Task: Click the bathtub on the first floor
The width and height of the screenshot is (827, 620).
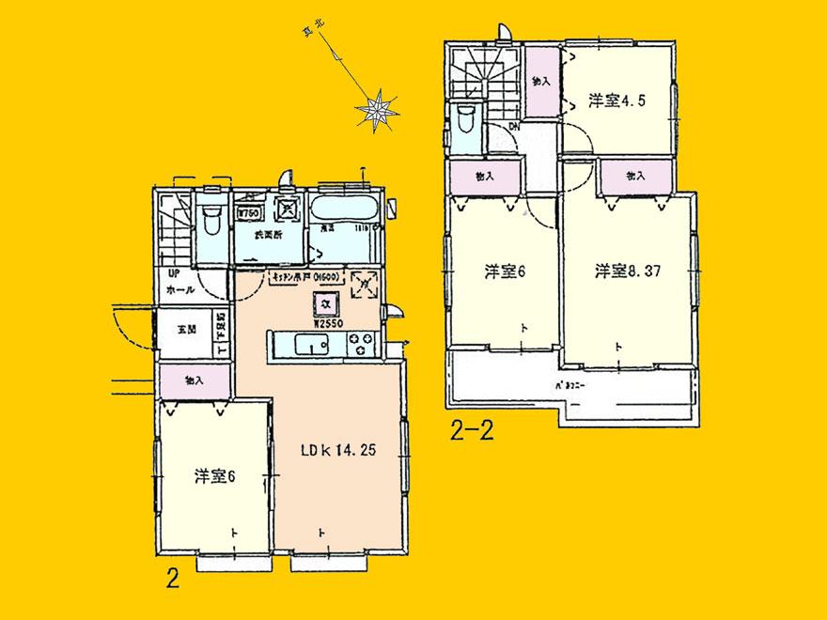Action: pos(342,208)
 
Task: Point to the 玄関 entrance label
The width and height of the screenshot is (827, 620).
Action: pos(185,330)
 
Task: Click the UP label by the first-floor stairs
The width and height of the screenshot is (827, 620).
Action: pos(174,273)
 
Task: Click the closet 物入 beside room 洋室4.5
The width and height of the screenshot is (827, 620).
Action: pos(542,83)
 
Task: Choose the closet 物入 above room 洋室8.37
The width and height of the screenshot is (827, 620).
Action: pos(636,176)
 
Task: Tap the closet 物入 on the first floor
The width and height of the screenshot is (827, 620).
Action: pos(193,380)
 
